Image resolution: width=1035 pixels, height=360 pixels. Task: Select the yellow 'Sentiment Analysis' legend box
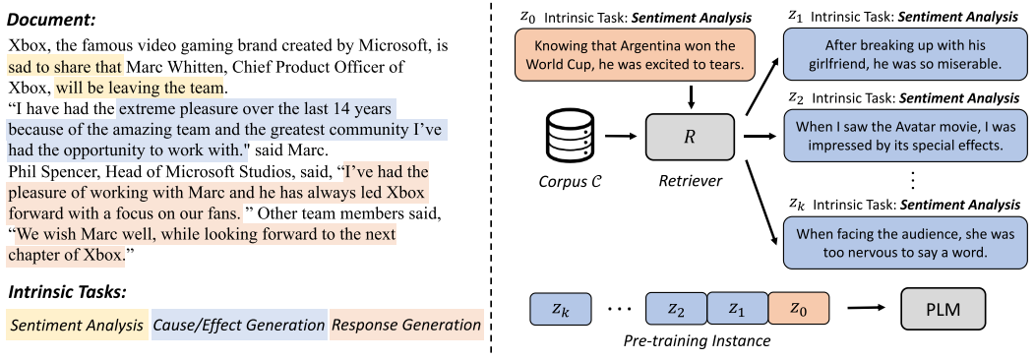tap(77, 326)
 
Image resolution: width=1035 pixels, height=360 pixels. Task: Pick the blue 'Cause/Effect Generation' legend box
tap(237, 326)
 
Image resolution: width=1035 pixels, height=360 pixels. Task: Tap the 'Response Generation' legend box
tap(405, 326)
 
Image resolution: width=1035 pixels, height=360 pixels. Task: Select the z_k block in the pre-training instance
tap(559, 310)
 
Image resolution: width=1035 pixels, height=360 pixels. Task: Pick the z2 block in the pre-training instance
tap(675, 310)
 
